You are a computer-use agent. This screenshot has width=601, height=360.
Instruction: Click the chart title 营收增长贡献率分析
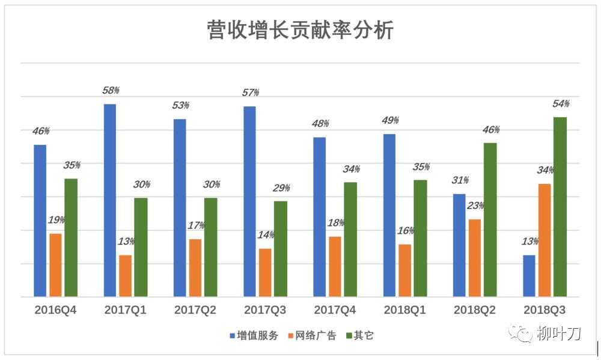(x=300, y=30)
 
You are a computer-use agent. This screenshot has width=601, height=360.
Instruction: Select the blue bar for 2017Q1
(x=110, y=200)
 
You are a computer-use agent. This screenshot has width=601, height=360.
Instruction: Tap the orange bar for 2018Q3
(x=545, y=240)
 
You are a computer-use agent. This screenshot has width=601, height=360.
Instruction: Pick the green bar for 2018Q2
(x=490, y=220)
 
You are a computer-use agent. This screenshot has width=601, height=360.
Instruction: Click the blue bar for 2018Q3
(x=529, y=276)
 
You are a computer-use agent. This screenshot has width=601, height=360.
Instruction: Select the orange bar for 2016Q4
(x=55, y=265)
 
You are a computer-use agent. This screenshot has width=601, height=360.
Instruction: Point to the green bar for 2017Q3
(x=281, y=249)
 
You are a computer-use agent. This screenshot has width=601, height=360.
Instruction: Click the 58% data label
(x=111, y=91)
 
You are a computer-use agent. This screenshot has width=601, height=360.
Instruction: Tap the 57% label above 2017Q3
(x=251, y=93)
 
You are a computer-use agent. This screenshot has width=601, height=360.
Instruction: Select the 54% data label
(x=561, y=103)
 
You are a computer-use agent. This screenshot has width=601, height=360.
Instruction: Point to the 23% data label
(x=475, y=206)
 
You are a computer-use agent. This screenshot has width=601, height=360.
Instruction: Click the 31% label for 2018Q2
(x=460, y=180)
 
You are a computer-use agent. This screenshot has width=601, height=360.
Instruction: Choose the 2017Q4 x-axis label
(x=335, y=310)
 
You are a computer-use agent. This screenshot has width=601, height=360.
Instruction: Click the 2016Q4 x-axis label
(x=55, y=310)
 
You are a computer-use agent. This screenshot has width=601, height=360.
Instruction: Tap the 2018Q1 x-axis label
(x=404, y=310)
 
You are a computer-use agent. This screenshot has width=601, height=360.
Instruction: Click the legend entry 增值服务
(x=254, y=335)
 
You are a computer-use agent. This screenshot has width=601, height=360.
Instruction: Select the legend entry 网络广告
(x=313, y=335)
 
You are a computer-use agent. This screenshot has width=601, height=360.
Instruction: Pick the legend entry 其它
(x=360, y=335)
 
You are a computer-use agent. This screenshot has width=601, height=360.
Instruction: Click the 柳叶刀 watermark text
(x=558, y=333)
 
